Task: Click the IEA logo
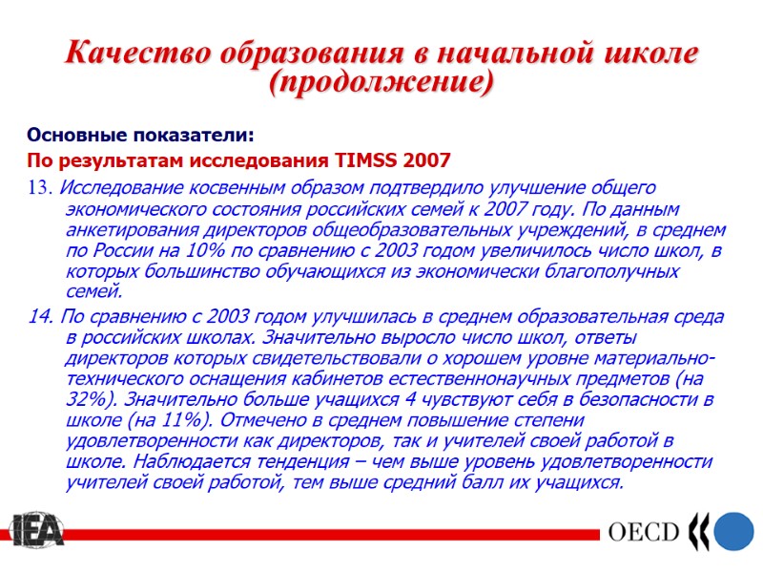point(36,532)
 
